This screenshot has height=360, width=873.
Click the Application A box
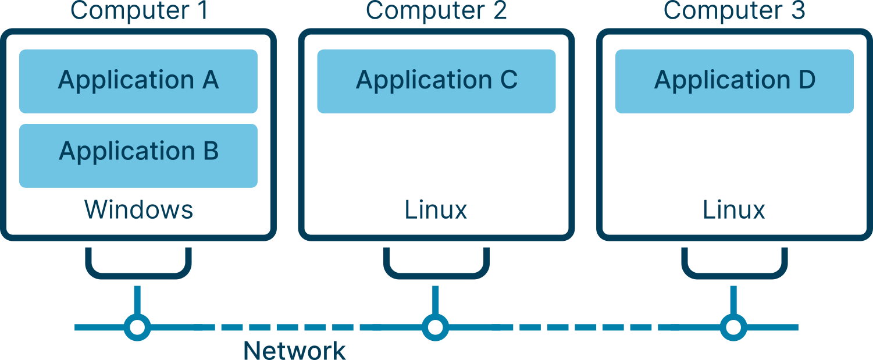click(138, 81)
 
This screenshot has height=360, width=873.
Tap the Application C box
click(436, 81)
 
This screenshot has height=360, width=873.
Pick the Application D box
click(735, 81)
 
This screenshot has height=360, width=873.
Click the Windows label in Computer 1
click(138, 209)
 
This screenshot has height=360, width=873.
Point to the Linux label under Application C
click(436, 209)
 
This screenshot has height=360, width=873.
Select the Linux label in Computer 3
click(734, 209)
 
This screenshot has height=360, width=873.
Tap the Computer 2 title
click(436, 10)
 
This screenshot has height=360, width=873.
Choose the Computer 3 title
click(734, 10)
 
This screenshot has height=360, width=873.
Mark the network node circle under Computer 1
click(137, 327)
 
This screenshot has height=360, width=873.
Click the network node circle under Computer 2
click(435, 327)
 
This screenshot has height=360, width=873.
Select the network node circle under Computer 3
click(733, 327)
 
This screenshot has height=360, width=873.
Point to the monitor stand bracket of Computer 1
click(138, 272)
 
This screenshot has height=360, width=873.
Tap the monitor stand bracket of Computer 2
click(436, 272)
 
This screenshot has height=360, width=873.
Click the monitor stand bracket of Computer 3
click(734, 272)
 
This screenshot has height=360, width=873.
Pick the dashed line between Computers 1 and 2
click(285, 327)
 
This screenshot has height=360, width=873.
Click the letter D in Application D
click(806, 80)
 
